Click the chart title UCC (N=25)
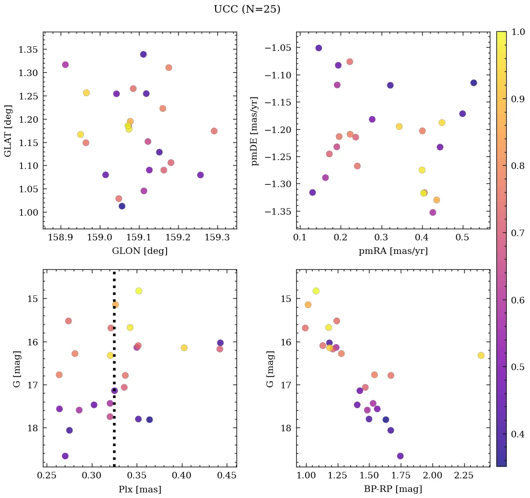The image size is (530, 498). (247, 9)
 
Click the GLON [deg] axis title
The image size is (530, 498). (139, 251)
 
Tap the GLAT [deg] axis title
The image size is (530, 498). (8, 130)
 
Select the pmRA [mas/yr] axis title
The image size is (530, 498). (393, 251)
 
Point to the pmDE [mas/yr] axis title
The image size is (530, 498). (254, 130)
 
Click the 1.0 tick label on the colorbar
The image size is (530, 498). (517, 32)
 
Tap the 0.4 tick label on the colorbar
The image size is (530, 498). (517, 434)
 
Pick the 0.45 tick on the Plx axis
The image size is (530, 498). (227, 476)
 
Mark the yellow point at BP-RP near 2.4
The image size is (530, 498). (481, 356)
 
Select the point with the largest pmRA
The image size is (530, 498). (474, 83)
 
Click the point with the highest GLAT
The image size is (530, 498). (143, 55)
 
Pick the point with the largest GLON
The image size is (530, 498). (214, 131)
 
